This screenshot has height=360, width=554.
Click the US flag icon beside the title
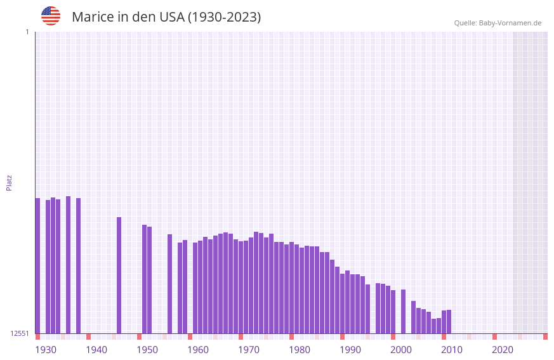pyautogui.click(x=51, y=16)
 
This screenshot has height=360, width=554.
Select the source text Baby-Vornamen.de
pyautogui.click(x=510, y=23)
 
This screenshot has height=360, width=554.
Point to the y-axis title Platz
pyautogui.click(x=9, y=182)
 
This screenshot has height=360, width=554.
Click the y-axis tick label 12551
pyautogui.click(x=19, y=333)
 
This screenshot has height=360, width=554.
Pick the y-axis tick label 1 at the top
pyautogui.click(x=27, y=32)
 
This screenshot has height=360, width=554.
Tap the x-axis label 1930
pyautogui.click(x=46, y=350)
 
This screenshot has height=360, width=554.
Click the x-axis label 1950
pyautogui.click(x=147, y=350)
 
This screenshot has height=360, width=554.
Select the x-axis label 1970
pyautogui.click(x=249, y=350)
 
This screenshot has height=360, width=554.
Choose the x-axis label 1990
pyautogui.click(x=350, y=350)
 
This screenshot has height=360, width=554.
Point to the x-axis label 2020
pyautogui.click(x=503, y=350)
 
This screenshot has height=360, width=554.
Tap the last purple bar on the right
pyautogui.click(x=449, y=321)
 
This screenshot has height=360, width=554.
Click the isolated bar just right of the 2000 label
pyautogui.click(x=403, y=311)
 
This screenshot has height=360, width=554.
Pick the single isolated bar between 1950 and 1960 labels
pyautogui.click(x=169, y=284)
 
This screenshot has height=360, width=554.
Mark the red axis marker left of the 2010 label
pyautogui.click(x=444, y=337)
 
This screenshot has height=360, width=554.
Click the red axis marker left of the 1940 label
pyautogui.click(x=88, y=337)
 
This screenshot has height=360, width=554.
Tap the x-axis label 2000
pyautogui.click(x=401, y=350)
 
